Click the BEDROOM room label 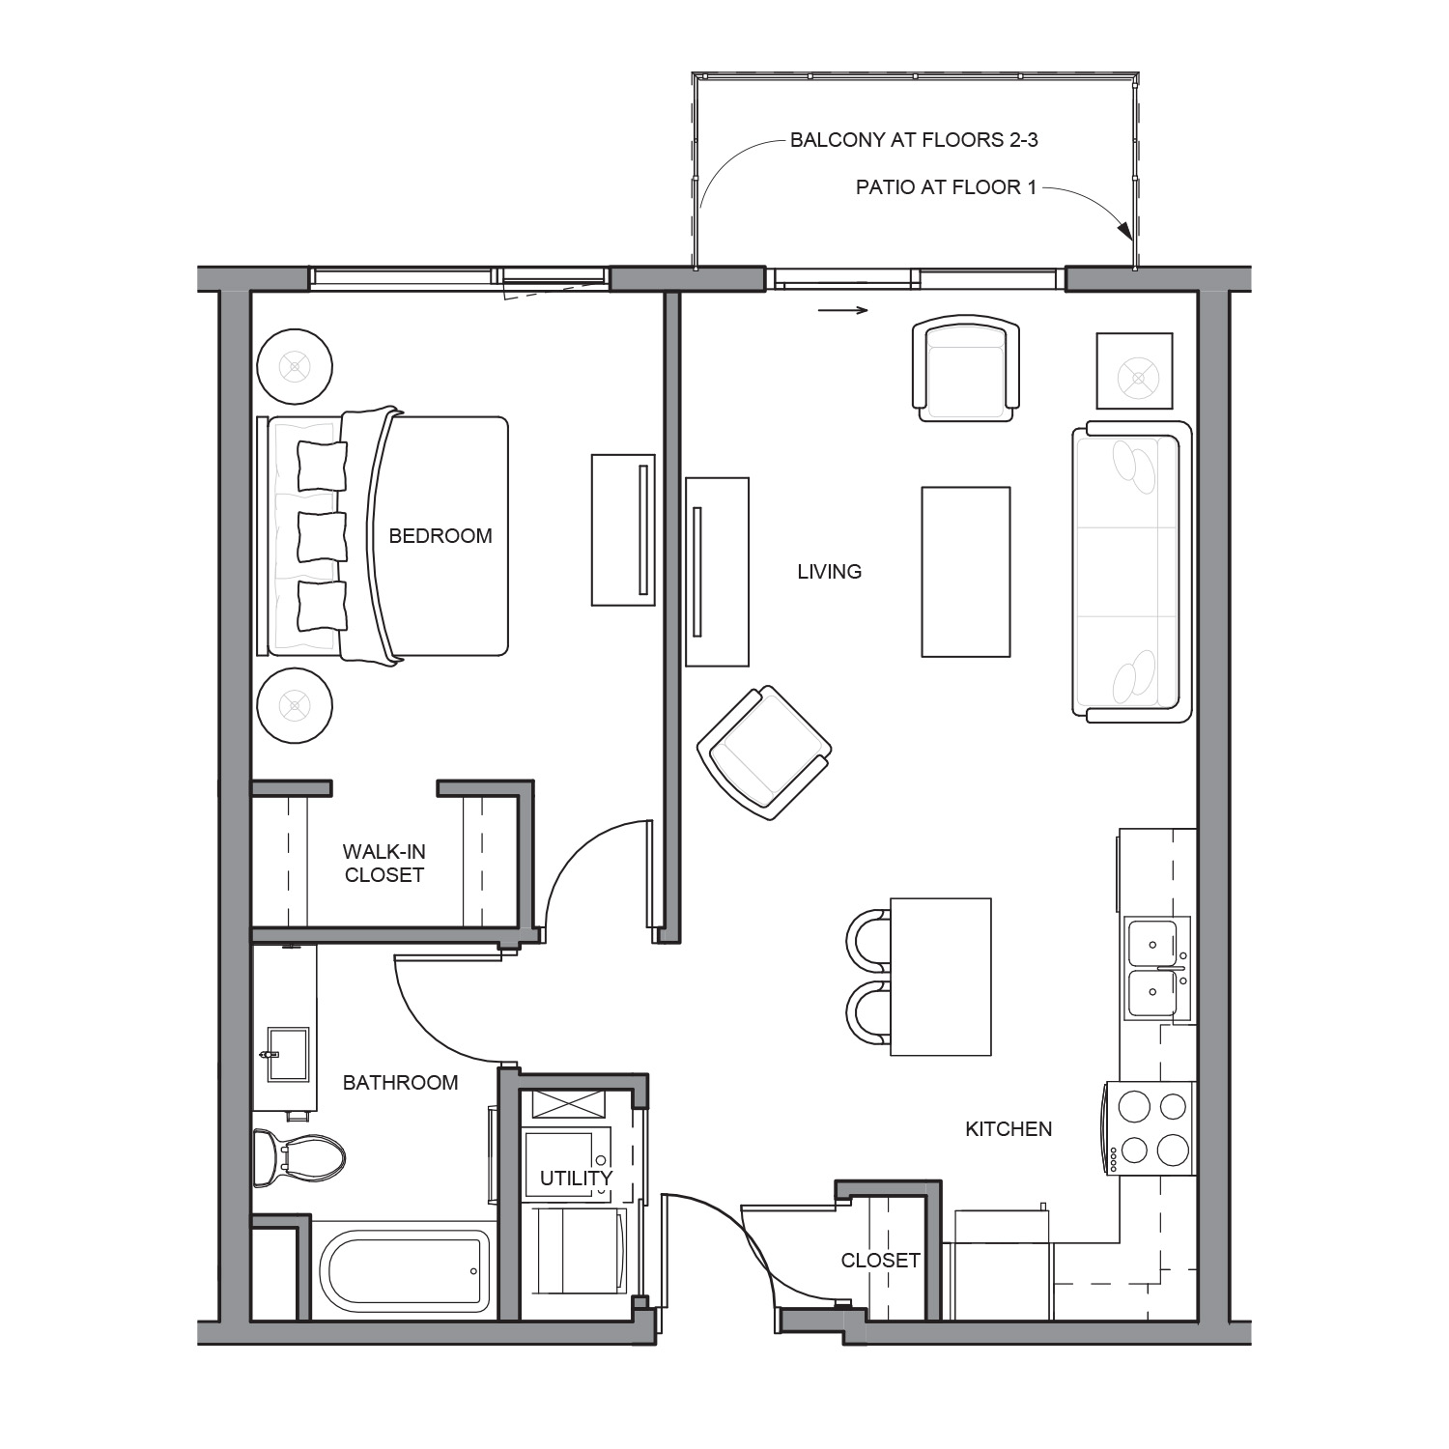(x=440, y=536)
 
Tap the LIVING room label (x=829, y=572)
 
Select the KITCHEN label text (x=1009, y=1128)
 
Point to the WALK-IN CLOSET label (x=384, y=864)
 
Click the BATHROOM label (x=401, y=1083)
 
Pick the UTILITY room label (x=576, y=1179)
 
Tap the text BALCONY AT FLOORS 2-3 (x=914, y=140)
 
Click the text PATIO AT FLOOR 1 (x=946, y=187)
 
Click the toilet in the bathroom (x=298, y=1158)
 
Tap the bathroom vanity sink (x=288, y=1055)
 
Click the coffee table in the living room (x=966, y=572)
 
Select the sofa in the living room (x=1130, y=572)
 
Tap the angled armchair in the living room (x=764, y=753)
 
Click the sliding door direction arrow (x=843, y=310)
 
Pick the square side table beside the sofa (x=1134, y=371)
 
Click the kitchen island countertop (x=941, y=977)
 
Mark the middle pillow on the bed (x=322, y=537)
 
